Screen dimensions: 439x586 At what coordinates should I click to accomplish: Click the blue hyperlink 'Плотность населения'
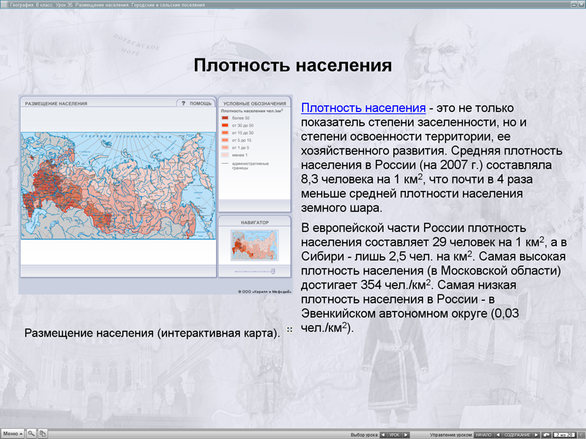[363, 108]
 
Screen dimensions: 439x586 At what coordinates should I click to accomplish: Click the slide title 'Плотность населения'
[292, 66]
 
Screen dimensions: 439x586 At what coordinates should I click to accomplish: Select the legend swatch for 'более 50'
[226, 118]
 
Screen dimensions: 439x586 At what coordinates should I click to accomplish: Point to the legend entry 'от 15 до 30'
[242, 132]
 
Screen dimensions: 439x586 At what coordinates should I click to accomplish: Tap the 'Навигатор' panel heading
[251, 221]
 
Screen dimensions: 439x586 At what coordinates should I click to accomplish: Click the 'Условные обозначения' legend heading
[251, 103]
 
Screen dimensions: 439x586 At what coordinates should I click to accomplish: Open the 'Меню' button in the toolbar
[12, 433]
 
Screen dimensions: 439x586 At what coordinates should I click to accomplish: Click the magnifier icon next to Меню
[31, 433]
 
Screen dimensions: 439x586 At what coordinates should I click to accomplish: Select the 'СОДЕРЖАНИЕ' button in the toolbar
[517, 435]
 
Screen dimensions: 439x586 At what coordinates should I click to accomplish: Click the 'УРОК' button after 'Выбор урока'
[394, 435]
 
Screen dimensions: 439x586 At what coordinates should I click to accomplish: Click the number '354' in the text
[374, 285]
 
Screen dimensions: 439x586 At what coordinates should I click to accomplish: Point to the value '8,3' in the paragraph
[311, 179]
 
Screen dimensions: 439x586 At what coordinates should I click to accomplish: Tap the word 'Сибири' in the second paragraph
[321, 256]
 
